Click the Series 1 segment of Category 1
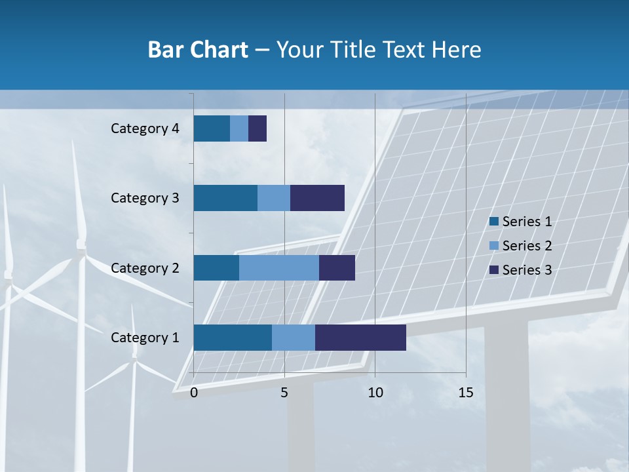(233, 338)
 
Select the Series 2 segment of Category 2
(279, 267)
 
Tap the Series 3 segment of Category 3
(317, 198)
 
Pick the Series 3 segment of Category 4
(257, 128)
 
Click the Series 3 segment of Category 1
(360, 338)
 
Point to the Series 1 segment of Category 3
(225, 198)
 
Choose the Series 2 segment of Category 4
(239, 128)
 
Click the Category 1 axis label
(145, 338)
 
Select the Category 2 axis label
(145, 267)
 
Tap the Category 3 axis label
(145, 198)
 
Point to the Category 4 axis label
(145, 128)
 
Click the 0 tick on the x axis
(194, 393)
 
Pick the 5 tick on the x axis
(284, 393)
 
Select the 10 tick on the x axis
(375, 393)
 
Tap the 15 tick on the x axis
(465, 393)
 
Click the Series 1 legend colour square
(494, 222)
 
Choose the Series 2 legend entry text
(527, 246)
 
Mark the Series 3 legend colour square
(494, 270)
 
